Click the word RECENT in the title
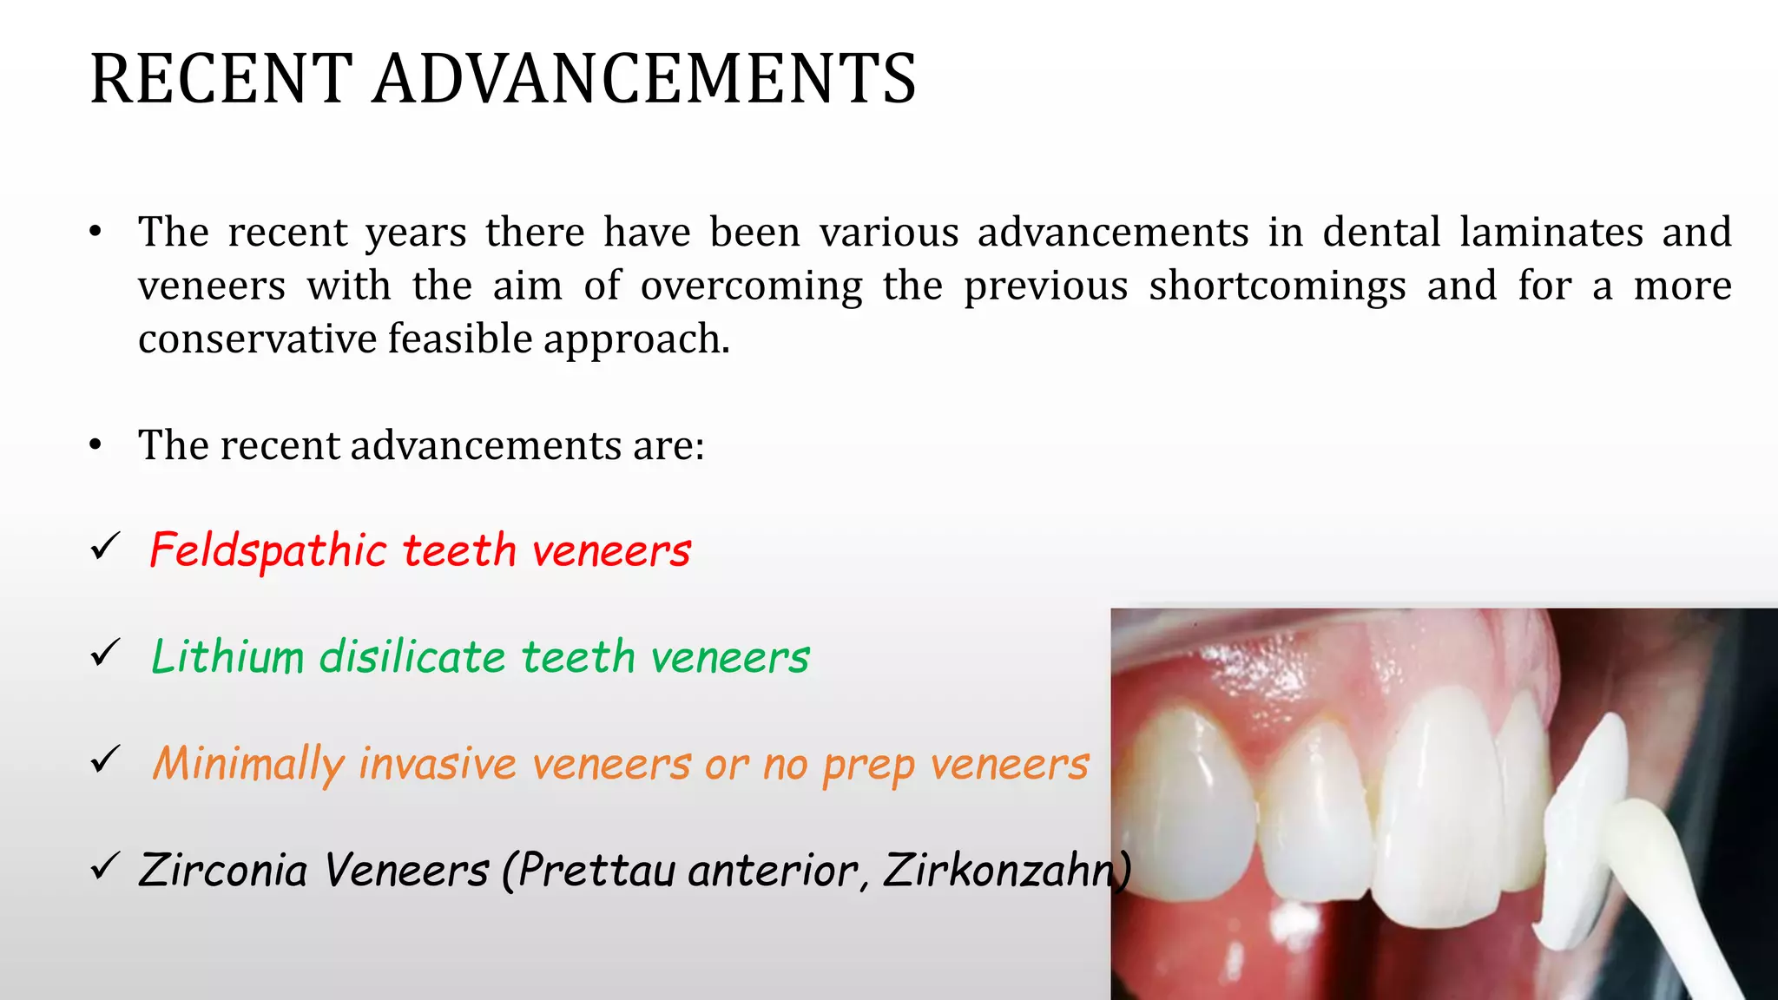(221, 79)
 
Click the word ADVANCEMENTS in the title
(644, 79)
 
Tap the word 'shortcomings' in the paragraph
(1277, 286)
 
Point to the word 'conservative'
(257, 339)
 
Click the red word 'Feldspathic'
(267, 551)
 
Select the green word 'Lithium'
(228, 657)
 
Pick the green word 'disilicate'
(412, 657)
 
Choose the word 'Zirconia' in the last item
(223, 870)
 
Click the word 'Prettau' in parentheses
(597, 870)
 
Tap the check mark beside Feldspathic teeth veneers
(105, 548)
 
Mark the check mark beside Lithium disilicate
(105, 654)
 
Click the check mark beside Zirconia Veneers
(105, 866)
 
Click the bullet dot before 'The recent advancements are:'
(95, 445)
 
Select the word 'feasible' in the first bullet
(459, 339)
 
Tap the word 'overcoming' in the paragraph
(751, 286)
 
